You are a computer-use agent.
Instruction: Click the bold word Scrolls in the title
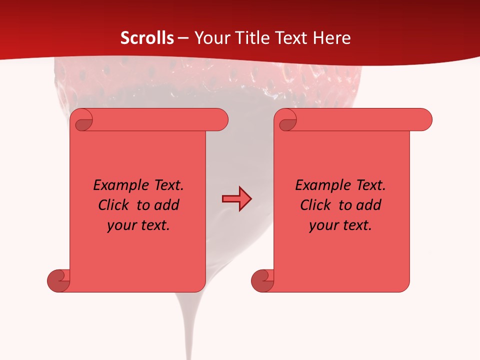[x=147, y=38]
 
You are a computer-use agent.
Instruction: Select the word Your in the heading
[x=210, y=38]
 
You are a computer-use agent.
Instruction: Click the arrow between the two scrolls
[x=236, y=199]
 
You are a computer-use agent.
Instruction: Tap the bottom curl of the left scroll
[x=58, y=280]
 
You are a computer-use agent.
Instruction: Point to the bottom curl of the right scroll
[x=262, y=280]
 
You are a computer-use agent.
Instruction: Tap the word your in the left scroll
[x=121, y=225]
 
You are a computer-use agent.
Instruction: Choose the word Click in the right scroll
[x=315, y=205]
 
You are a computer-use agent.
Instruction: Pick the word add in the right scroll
[x=369, y=205]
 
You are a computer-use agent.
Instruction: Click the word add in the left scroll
[x=167, y=205]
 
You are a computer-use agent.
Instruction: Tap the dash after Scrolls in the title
[x=183, y=38]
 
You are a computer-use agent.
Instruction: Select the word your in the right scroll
[x=323, y=225]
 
